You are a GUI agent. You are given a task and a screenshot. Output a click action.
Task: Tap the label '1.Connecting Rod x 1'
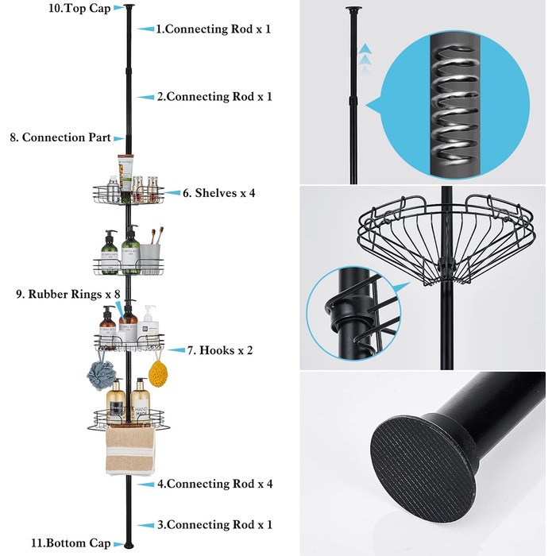coord(213,29)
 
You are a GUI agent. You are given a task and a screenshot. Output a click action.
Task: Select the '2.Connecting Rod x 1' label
coord(214,97)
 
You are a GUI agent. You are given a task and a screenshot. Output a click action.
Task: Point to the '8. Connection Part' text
coord(60,137)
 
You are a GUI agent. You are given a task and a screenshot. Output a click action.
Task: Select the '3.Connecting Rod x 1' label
coord(214,525)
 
